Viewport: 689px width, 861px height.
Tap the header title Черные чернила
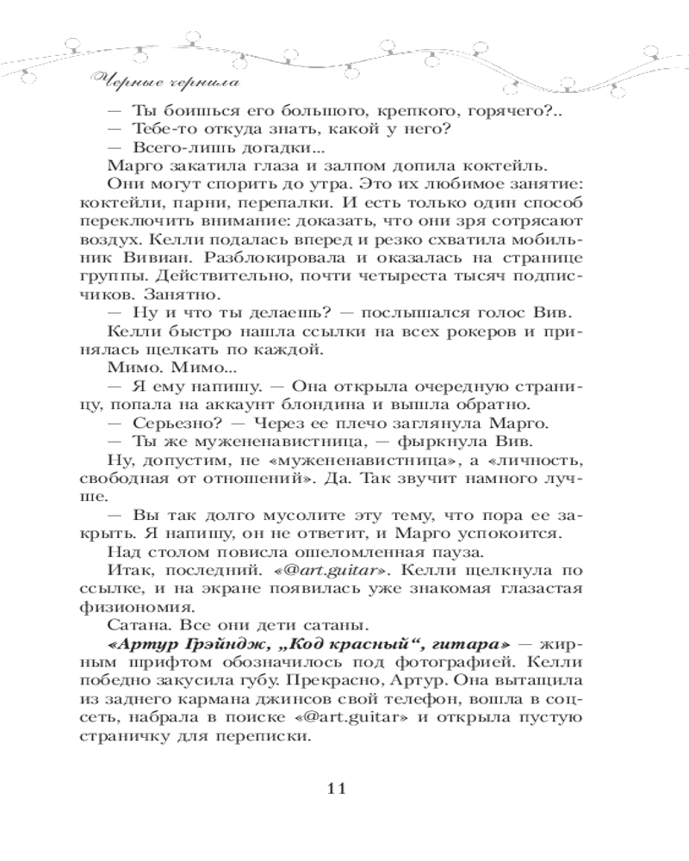(163, 84)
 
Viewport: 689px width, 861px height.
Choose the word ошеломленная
(414, 553)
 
